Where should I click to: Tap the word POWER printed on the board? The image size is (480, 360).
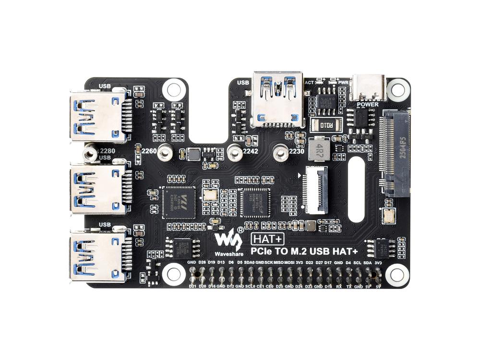click(368, 104)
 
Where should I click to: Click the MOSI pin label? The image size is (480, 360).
click(289, 263)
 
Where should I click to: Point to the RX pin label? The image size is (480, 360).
click(339, 287)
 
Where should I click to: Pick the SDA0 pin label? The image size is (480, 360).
click(249, 263)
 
